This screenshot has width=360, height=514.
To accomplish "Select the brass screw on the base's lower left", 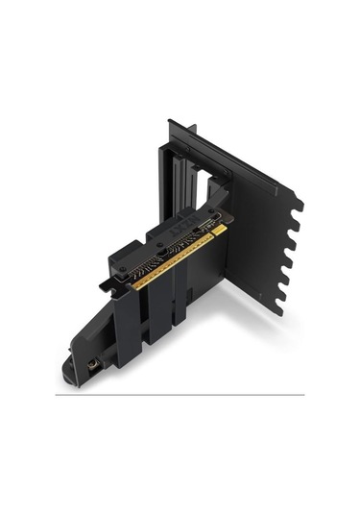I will pos(93,366).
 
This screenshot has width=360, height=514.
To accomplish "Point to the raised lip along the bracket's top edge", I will pos(230,154).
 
